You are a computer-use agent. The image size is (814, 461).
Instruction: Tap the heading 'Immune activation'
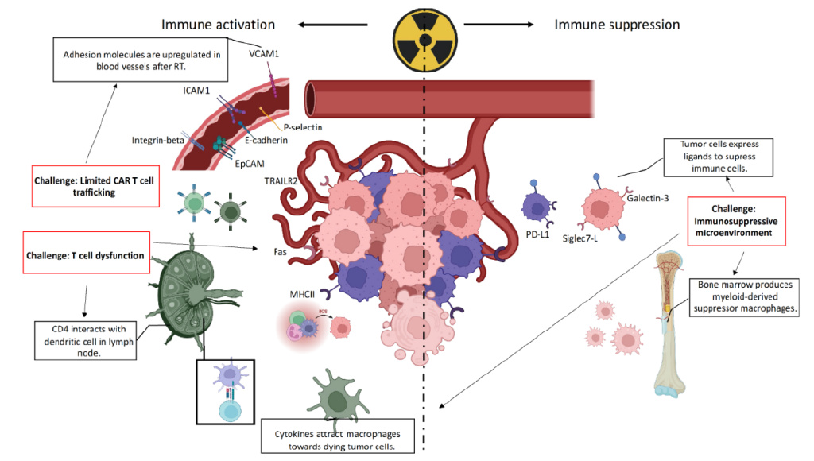tap(219, 24)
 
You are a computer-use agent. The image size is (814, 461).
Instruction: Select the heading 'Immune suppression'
tap(617, 24)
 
